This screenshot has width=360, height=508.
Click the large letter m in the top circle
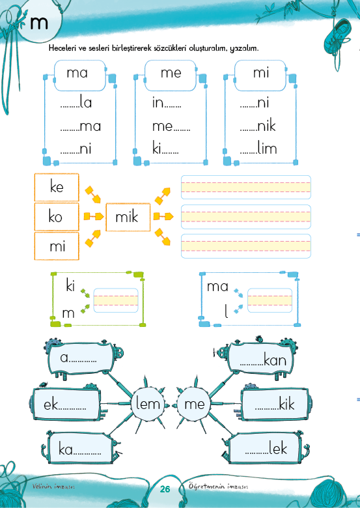pyautogui.click(x=39, y=23)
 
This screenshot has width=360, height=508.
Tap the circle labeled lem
pyautogui.click(x=148, y=404)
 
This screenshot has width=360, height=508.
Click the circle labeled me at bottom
pyautogui.click(x=194, y=404)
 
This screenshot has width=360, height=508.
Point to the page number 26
pyautogui.click(x=165, y=489)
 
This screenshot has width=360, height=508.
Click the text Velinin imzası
pyautogui.click(x=54, y=487)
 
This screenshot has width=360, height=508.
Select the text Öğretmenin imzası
pyautogui.click(x=218, y=487)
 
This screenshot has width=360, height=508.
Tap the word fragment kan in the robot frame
pyautogui.click(x=275, y=360)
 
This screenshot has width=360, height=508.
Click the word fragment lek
pyautogui.click(x=278, y=448)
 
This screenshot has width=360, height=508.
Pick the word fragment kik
pyautogui.click(x=286, y=404)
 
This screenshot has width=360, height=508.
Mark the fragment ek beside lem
pyautogui.click(x=51, y=404)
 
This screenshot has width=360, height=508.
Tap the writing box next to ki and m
pyautogui.click(x=116, y=300)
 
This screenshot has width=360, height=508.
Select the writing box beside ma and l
pyautogui.click(x=270, y=300)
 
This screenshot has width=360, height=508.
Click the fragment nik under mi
pyautogui.click(x=266, y=126)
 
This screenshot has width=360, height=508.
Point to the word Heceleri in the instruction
pyautogui.click(x=62, y=48)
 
